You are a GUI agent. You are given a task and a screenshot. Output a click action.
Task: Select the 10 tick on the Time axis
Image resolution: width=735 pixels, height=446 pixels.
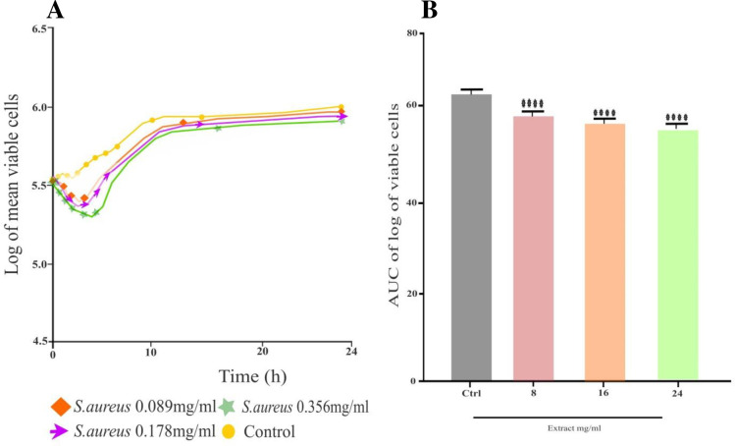pyautogui.click(x=150, y=352)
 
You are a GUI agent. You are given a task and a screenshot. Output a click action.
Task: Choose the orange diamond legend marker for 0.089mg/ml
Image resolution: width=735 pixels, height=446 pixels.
pyautogui.click(x=62, y=405)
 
